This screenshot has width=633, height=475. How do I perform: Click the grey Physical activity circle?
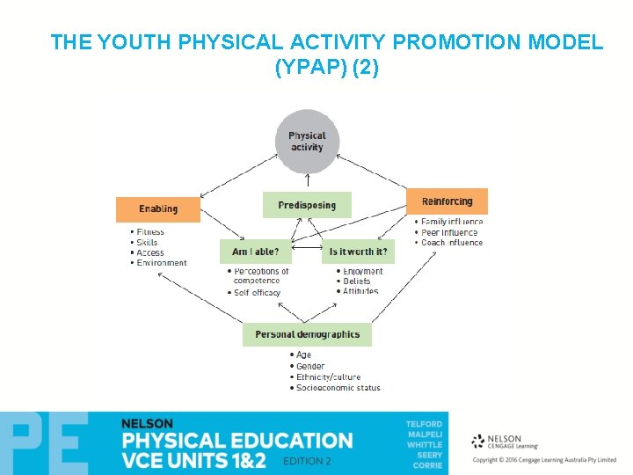click(307, 142)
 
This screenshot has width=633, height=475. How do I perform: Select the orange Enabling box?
click(158, 209)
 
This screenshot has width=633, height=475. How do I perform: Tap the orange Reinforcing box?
click(447, 201)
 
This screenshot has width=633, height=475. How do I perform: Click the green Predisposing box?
click(307, 205)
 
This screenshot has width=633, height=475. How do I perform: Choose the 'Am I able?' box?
click(255, 252)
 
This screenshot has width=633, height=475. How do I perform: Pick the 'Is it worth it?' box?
click(358, 252)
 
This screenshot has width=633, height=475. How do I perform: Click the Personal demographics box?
click(307, 334)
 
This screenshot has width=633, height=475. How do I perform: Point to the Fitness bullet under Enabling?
click(150, 232)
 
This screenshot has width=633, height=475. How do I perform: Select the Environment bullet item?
click(162, 263)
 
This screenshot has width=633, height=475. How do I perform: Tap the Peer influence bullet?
click(449, 232)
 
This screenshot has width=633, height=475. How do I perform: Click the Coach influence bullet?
click(452, 243)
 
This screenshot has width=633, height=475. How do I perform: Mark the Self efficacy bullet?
click(257, 293)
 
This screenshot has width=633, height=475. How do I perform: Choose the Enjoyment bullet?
click(363, 272)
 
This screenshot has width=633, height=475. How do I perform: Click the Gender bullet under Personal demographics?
click(310, 366)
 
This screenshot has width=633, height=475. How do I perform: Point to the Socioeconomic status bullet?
click(338, 388)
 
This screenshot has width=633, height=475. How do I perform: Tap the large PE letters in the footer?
click(44, 443)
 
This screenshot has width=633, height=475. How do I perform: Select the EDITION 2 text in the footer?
click(307, 462)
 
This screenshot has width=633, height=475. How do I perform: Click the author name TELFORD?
click(424, 424)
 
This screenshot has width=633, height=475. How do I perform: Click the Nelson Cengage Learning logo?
click(506, 442)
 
